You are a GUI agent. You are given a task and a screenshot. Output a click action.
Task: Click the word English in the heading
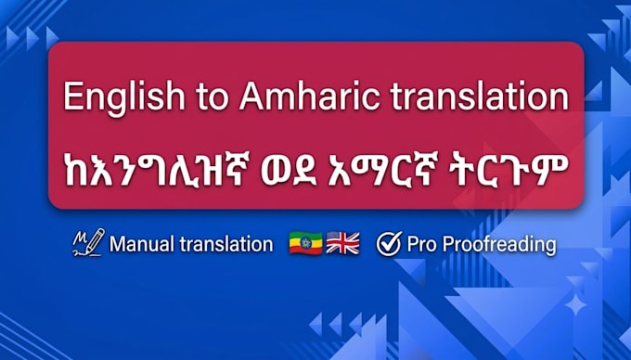click(123, 97)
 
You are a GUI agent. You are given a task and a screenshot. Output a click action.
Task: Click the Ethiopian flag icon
click(306, 243)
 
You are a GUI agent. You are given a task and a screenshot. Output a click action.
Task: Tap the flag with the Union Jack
click(342, 243)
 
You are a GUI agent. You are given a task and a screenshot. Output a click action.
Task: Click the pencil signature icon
click(89, 242)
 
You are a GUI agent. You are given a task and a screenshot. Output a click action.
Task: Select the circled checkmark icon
click(389, 243)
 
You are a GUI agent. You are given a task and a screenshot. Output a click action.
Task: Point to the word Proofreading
click(499, 245)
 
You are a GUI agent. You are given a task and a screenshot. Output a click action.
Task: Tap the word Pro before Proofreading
click(421, 244)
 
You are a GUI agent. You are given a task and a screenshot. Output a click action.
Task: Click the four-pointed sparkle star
click(575, 304)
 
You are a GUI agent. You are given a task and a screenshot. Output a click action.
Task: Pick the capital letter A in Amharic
click(251, 96)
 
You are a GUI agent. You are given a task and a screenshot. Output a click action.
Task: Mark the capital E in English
click(72, 96)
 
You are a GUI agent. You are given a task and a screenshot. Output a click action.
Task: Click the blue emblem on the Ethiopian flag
click(306, 243)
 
